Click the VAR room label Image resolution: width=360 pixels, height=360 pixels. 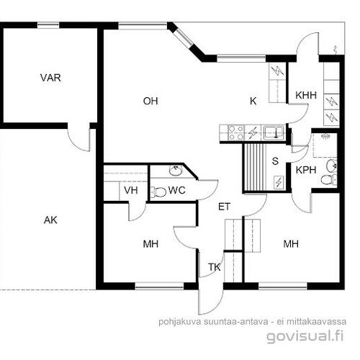click(50, 78)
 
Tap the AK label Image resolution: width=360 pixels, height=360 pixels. click(50, 220)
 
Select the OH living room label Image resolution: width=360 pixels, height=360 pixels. click(150, 101)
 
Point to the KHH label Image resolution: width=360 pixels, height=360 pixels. click(306, 95)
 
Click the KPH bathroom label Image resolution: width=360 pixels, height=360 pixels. click(306, 170)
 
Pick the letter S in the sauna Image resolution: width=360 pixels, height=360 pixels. click(275, 161)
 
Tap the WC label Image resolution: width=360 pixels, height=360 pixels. click(177, 190)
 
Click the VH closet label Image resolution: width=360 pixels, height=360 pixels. click(131, 190)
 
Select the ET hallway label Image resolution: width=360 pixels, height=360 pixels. click(225, 207)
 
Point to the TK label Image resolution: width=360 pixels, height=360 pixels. click(215, 267)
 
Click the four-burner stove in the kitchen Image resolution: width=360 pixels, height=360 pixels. click(235, 132)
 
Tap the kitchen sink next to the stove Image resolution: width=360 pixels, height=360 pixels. click(274, 132)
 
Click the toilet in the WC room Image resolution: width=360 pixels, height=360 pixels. click(158, 192)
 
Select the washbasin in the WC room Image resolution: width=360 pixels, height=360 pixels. click(176, 170)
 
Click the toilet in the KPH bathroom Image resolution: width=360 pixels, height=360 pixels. click(328, 180)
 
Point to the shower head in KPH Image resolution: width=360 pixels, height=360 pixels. click(326, 136)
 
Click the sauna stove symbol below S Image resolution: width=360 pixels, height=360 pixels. click(279, 182)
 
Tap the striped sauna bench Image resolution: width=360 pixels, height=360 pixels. click(255, 167)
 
